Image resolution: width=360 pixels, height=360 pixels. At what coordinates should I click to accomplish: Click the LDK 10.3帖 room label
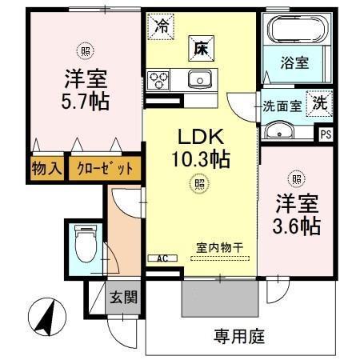point(201,149)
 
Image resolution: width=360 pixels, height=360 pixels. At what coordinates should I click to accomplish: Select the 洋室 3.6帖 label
point(298,215)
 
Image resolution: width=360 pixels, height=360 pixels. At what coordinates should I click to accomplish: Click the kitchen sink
point(198,78)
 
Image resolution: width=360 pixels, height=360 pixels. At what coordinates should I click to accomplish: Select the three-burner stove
point(158,79)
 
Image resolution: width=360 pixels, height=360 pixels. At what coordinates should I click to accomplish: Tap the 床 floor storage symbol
point(198,47)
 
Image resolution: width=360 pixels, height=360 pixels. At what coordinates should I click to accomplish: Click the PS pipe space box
point(325,134)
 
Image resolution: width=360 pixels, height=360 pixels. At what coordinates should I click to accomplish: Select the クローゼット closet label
point(104,168)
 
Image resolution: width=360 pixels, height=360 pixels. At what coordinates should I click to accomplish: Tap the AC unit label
point(161,258)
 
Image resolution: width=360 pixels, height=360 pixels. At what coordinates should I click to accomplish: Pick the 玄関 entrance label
point(123,298)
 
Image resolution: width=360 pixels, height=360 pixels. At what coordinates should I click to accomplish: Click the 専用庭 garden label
point(238,335)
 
